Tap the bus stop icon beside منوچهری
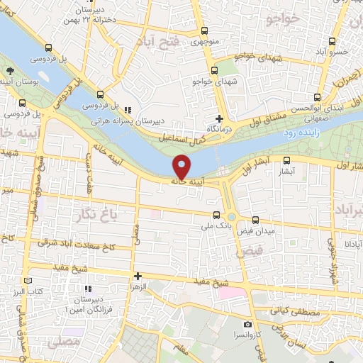(x=204, y=30)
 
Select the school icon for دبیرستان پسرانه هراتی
(x=128, y=110)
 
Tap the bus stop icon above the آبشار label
(x=286, y=160)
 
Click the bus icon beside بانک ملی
(x=216, y=214)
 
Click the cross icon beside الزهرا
(x=138, y=276)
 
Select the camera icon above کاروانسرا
(x=247, y=323)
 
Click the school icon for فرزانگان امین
(x=88, y=289)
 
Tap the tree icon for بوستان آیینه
(x=10, y=72)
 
